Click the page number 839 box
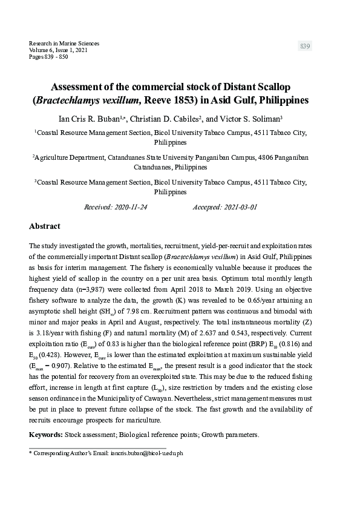pos(305,47)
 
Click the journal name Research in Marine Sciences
pos(64,44)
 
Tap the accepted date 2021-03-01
pos(238,206)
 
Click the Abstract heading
pos(45,226)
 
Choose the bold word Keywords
pos(45,435)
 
